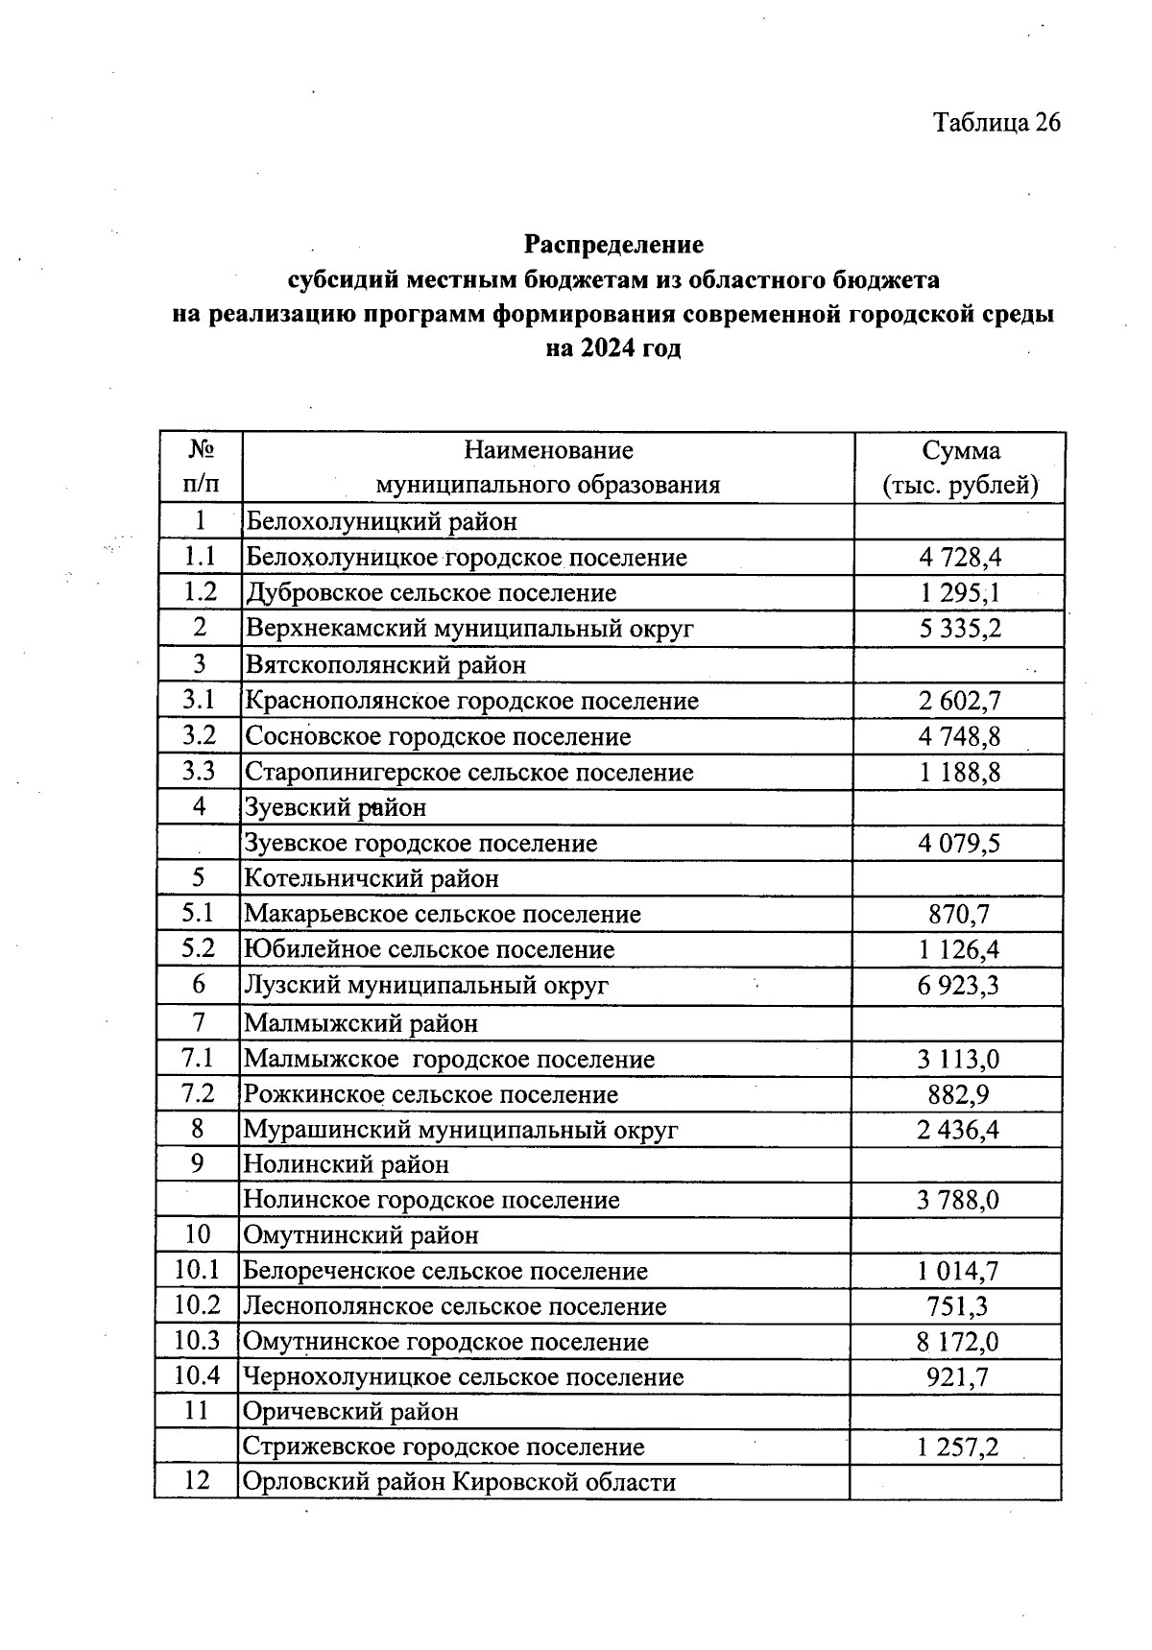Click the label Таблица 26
tap(996, 122)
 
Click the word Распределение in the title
tap(613, 245)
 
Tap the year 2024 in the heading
tap(607, 347)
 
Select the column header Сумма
tap(960, 450)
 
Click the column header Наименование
tap(548, 450)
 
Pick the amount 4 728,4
tap(960, 558)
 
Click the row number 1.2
tap(200, 592)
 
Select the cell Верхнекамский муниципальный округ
tap(469, 629)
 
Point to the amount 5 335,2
tap(960, 629)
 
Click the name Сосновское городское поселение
tap(438, 736)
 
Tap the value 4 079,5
tap(959, 844)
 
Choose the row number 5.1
tap(199, 914)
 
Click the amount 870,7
tap(958, 914)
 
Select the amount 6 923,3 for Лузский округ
tap(958, 985)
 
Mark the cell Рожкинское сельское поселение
tap(430, 1094)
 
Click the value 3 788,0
tap(957, 1200)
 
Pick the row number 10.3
tap(197, 1341)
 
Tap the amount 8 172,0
tap(957, 1341)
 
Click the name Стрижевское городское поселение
tap(443, 1447)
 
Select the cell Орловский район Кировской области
tap(459, 1482)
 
